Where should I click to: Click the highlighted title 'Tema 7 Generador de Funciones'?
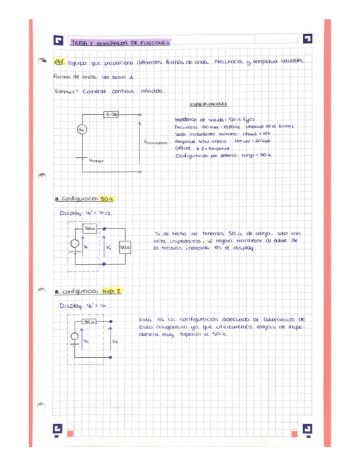[x=120, y=42]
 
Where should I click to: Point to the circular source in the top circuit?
[x=81, y=130]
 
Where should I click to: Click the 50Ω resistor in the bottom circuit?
[x=90, y=321]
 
